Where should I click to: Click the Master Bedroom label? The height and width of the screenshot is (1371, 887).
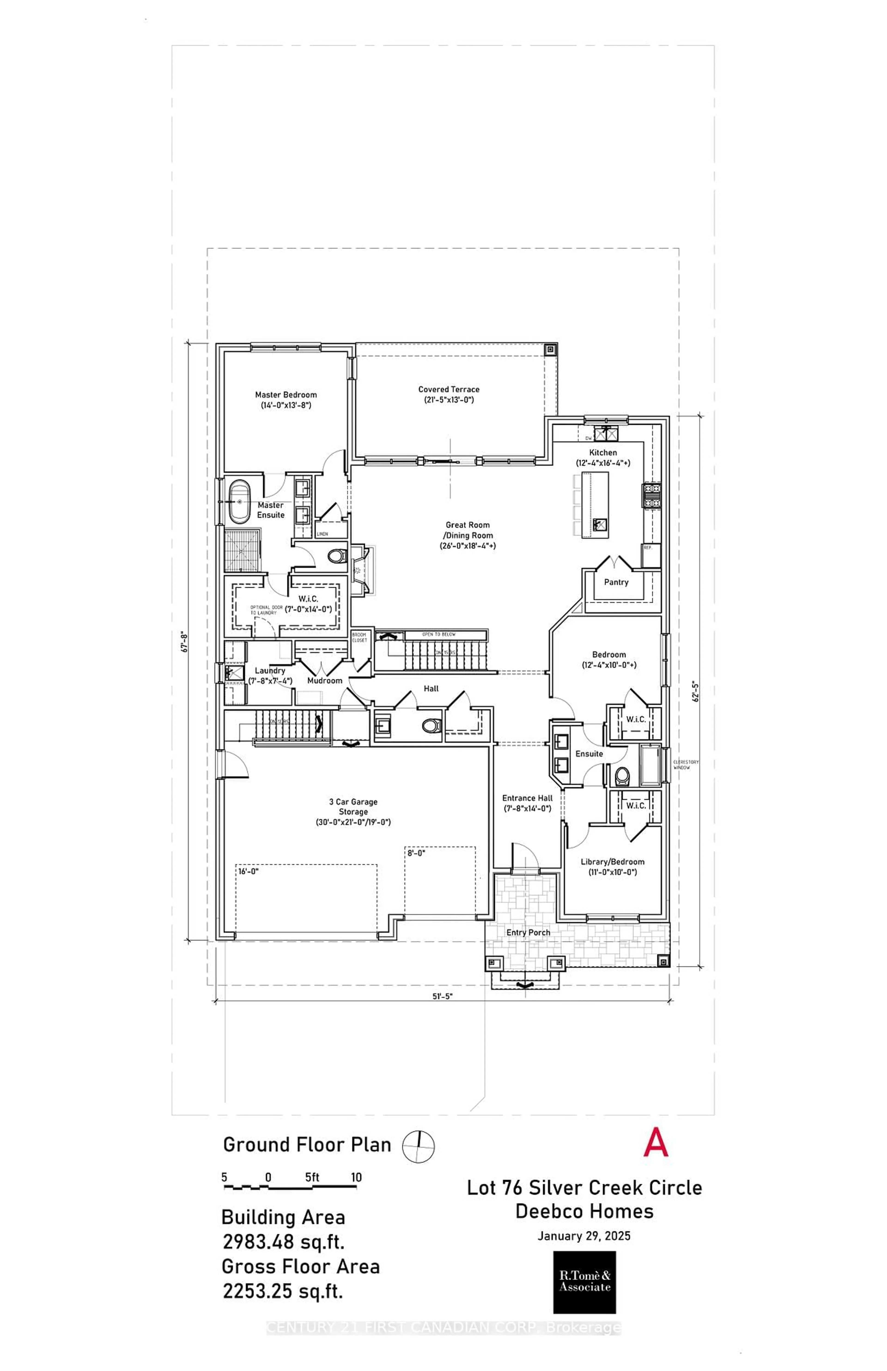[x=286, y=395]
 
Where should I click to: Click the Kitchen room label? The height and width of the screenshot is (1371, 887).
[x=602, y=453]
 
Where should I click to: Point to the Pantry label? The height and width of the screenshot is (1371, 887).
[x=616, y=582]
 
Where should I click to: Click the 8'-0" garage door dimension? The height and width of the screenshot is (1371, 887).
[x=416, y=853]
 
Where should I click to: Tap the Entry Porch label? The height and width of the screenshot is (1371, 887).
[x=528, y=932]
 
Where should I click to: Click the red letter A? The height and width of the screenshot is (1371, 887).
[x=656, y=1143]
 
